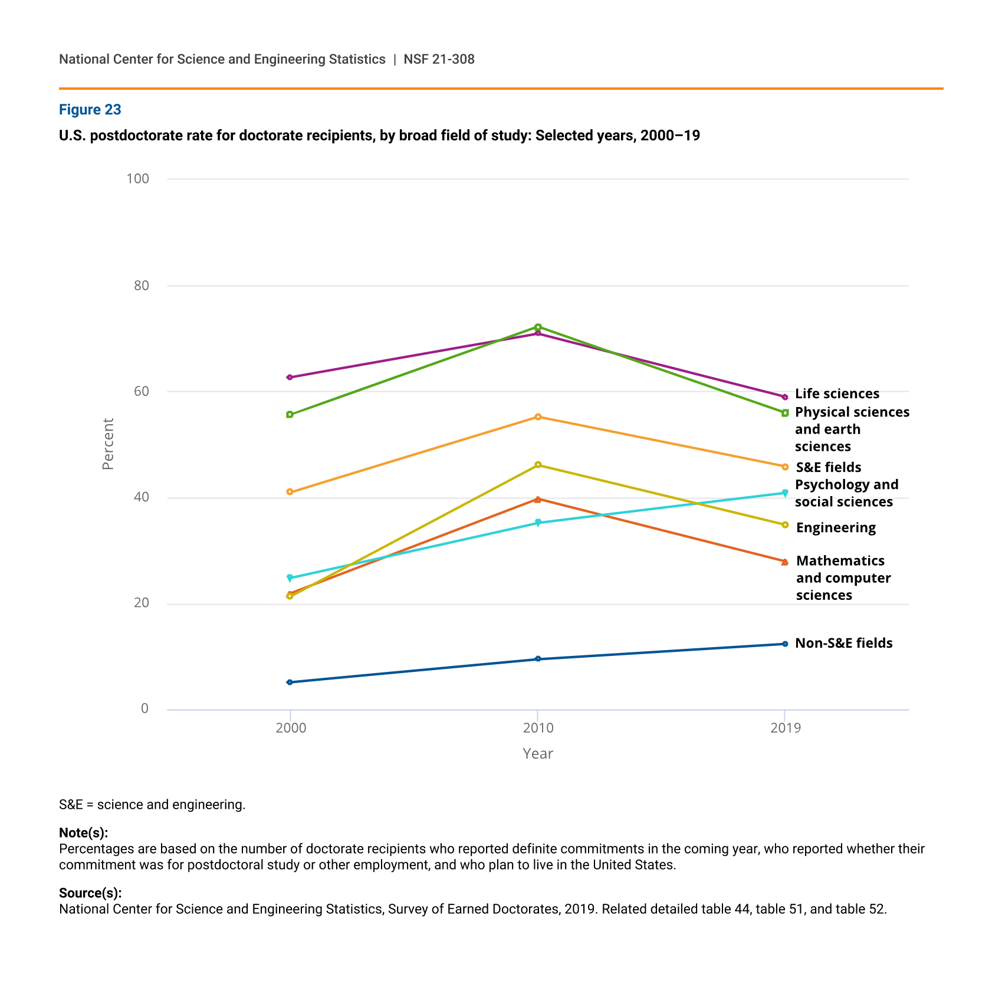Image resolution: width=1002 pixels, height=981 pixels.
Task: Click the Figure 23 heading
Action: coord(90,110)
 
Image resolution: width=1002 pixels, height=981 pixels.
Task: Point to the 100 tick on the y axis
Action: coord(137,179)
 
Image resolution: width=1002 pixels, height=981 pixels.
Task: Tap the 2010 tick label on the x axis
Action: coord(538,728)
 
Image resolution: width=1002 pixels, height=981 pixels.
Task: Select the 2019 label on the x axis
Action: coord(785,728)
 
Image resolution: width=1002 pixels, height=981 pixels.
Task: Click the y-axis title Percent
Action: coord(107,444)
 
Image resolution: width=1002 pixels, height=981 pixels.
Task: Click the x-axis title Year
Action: coord(537,754)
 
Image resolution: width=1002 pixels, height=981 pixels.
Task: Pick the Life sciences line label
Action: coord(836,393)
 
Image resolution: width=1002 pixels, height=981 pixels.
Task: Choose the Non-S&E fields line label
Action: coord(843,643)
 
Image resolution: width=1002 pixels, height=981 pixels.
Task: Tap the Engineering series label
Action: coord(835,527)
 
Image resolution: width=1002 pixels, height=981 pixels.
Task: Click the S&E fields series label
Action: coord(828,467)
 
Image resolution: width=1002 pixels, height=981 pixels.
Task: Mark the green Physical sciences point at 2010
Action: coord(538,327)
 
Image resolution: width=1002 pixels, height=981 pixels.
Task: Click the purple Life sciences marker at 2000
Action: coord(290,377)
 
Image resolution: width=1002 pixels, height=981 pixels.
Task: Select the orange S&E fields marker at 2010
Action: coord(538,417)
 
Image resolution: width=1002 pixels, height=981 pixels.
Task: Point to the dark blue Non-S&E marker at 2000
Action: coord(290,682)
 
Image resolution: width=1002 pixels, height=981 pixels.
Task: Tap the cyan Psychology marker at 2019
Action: coord(785,493)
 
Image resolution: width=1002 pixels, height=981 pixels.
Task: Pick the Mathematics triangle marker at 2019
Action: coord(785,562)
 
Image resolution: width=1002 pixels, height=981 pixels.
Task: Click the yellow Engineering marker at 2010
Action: coord(538,465)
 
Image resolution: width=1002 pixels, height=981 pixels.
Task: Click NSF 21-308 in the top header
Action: coord(439,59)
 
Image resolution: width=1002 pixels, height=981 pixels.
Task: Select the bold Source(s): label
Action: coord(90,893)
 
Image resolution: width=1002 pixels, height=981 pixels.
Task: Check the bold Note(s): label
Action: coord(83,832)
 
